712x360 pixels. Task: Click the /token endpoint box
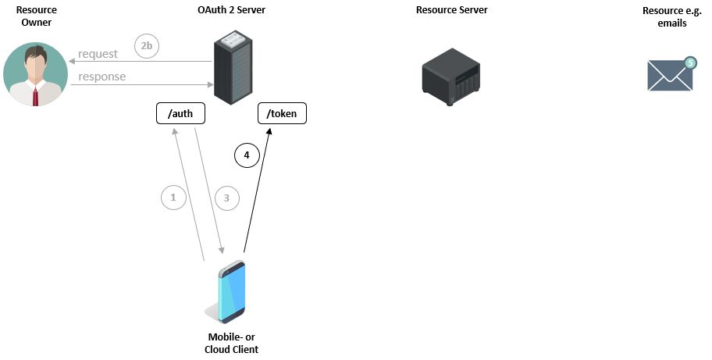pos(282,114)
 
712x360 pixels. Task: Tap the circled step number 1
pos(173,198)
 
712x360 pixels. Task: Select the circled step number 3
pos(226,198)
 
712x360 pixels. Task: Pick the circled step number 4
pos(247,155)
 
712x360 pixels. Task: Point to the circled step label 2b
pos(146,46)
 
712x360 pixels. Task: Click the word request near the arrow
pos(98,54)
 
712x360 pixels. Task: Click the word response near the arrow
pos(101,77)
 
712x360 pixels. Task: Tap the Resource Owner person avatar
pos(35,74)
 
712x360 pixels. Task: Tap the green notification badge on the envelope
pos(689,62)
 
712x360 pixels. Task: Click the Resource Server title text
pos(452,10)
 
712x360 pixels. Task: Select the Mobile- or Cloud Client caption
pos(230,343)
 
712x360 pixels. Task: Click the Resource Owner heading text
pos(36,16)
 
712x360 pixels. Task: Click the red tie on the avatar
pos(35,97)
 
